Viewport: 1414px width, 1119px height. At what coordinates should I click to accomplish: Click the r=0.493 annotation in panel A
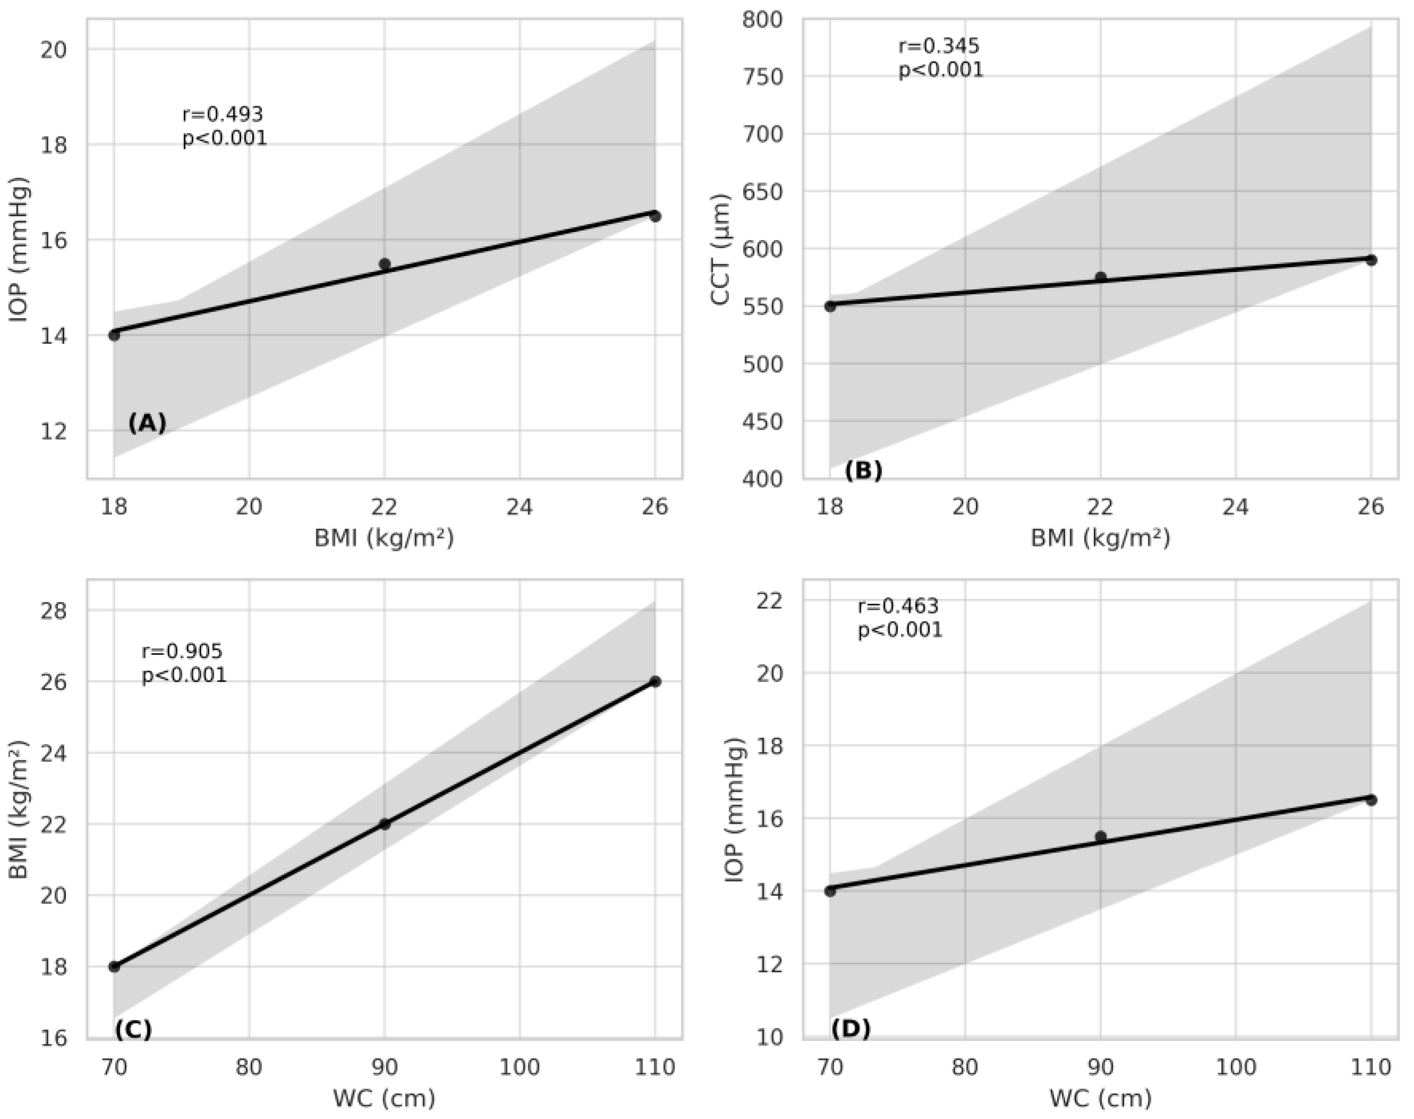coord(222,115)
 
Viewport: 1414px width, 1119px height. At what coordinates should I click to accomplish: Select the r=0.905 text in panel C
coord(182,651)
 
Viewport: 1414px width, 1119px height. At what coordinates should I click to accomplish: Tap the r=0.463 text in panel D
coord(898,606)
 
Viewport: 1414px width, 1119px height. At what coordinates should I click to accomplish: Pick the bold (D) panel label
coord(851,1029)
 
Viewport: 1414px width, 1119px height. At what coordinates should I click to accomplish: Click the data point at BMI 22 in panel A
coord(384,264)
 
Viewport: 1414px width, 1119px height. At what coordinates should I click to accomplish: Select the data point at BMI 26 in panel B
coord(1371,260)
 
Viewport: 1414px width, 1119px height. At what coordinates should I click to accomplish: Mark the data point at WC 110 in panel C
coord(655,681)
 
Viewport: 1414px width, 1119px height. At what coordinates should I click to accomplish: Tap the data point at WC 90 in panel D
coord(1100,836)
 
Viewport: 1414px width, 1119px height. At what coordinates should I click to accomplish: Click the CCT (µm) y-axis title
coord(720,249)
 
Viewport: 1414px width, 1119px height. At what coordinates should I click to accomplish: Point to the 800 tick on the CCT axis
coord(762,20)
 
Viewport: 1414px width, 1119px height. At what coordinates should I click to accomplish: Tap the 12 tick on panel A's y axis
coord(54,431)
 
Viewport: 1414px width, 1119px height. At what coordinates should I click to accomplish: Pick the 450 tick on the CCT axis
coord(762,422)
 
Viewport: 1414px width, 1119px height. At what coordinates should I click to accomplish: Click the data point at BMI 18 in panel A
coord(114,335)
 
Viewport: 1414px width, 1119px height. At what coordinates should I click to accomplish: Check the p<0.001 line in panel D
coord(900,630)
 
